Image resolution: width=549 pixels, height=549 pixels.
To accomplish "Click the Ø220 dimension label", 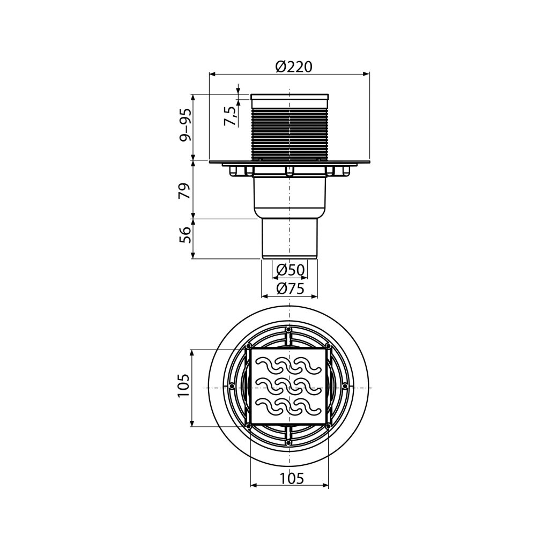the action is (x=293, y=66).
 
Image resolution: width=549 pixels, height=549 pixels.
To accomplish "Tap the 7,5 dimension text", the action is (x=230, y=116).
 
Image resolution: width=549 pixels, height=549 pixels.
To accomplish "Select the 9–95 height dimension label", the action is (x=186, y=124).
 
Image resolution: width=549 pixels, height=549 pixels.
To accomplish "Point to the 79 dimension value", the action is (x=186, y=190).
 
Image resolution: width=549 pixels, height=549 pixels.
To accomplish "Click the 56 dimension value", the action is (x=186, y=235).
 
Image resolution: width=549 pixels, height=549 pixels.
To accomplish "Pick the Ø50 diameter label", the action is (x=290, y=270).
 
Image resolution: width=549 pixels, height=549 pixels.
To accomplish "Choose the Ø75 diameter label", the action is (x=290, y=288).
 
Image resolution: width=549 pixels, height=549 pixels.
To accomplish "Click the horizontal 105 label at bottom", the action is (x=292, y=478).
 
